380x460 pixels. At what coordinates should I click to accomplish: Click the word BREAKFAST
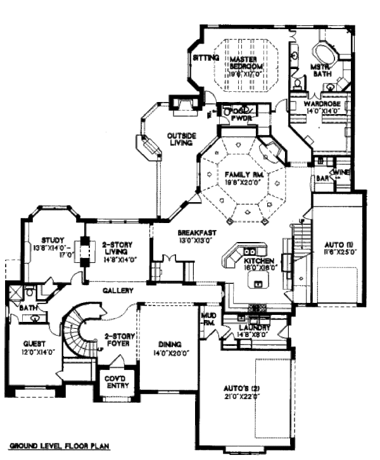(x=194, y=231)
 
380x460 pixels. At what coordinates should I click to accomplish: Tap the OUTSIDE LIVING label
(x=181, y=139)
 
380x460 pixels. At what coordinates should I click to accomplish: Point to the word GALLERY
(x=118, y=290)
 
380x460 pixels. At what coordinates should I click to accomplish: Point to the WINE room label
(x=341, y=172)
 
